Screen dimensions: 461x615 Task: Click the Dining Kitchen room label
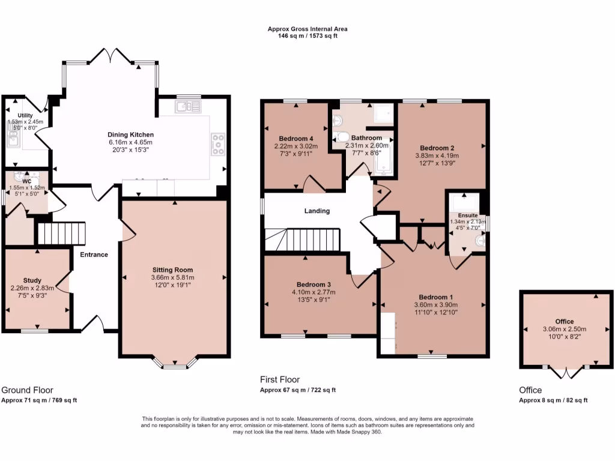point(131,134)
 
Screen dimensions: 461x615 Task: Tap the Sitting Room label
point(172,270)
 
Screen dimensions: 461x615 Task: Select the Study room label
point(32,280)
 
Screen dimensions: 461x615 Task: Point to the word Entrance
point(94,255)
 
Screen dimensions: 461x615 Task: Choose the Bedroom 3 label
point(314,285)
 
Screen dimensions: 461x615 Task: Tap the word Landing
point(317,211)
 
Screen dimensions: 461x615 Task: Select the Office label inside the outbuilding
point(564,322)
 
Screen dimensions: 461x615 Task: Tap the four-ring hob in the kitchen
point(217,143)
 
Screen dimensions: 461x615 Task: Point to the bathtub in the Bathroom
point(385,153)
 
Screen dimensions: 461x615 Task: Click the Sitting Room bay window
point(175,363)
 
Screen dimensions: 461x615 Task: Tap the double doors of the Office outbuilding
point(565,372)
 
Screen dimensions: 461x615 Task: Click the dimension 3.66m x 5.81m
point(172,278)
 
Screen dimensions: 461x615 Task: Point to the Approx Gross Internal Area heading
point(307,29)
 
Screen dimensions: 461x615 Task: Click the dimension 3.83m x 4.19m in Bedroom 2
point(437,155)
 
